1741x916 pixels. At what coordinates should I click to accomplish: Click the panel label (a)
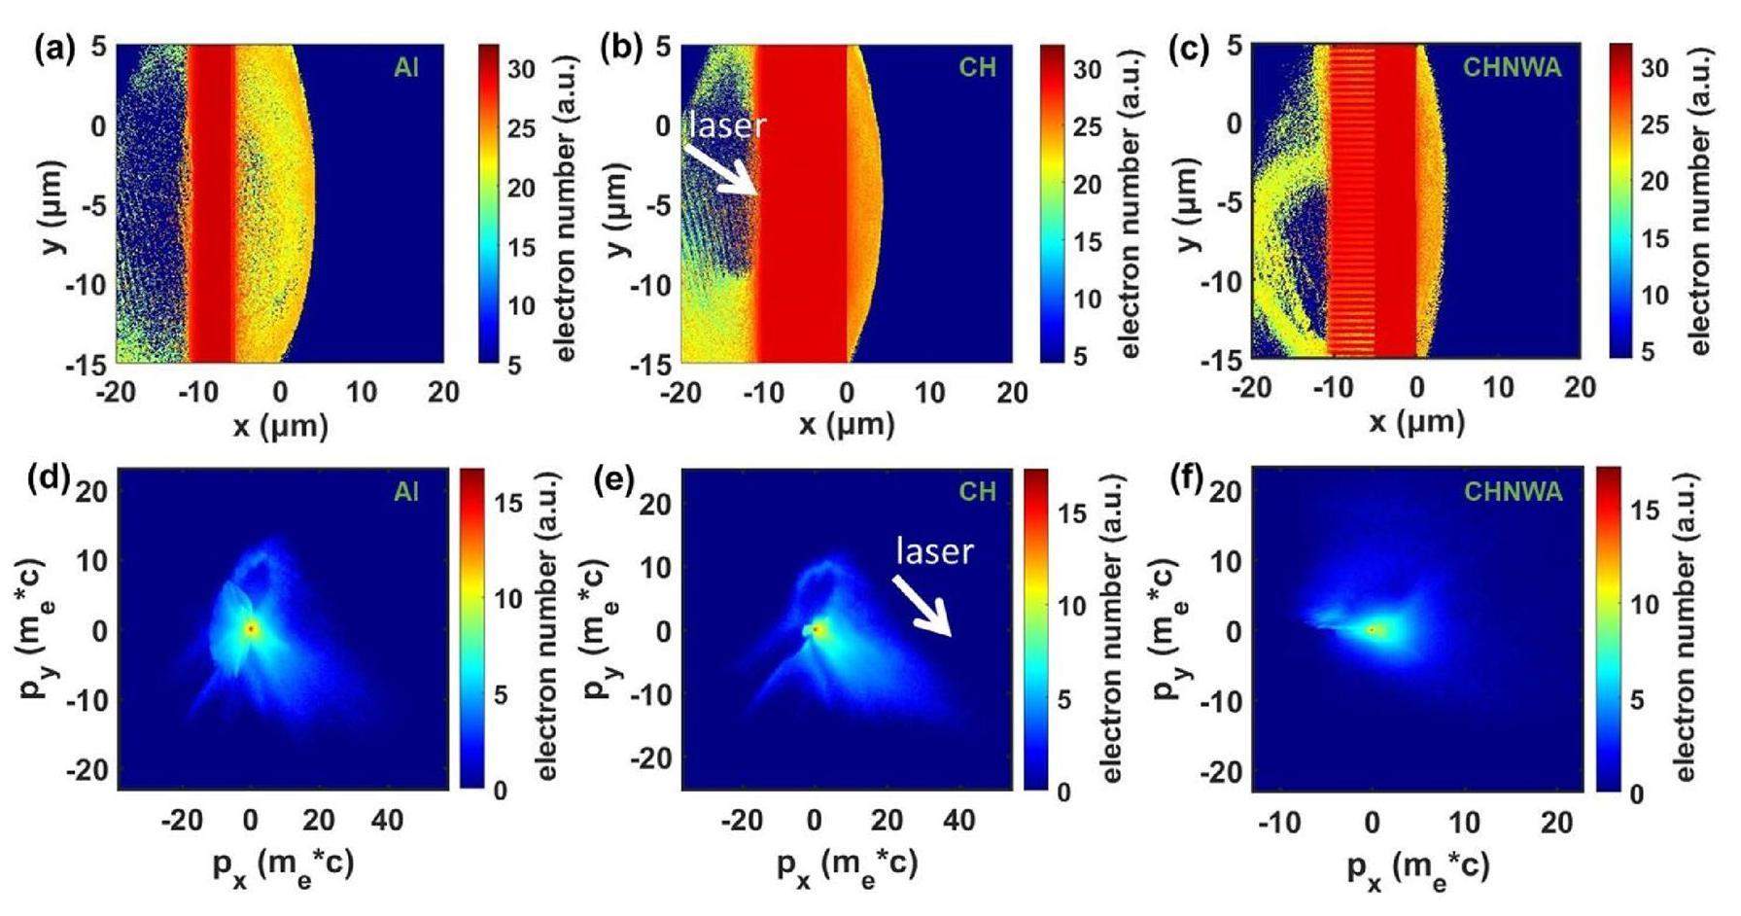[x=53, y=50]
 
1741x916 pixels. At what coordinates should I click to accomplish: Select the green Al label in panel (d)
[x=406, y=492]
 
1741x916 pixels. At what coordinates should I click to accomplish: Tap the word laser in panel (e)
[x=934, y=551]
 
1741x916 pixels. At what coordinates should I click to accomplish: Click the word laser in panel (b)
[x=728, y=123]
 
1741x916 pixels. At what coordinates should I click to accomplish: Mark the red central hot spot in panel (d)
[x=251, y=629]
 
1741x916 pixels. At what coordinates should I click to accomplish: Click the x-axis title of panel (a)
[x=280, y=426]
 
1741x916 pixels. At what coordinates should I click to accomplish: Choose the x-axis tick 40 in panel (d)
[x=387, y=821]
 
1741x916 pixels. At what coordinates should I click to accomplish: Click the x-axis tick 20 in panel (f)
[x=1556, y=823]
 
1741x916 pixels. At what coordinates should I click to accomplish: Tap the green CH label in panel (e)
[x=977, y=492]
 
